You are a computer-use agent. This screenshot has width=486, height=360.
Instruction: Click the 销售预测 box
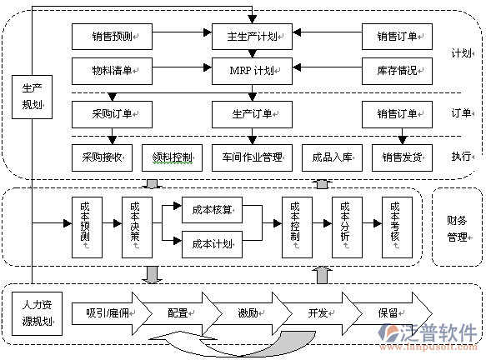(x=112, y=37)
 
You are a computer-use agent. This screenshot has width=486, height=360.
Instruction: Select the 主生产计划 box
(x=252, y=37)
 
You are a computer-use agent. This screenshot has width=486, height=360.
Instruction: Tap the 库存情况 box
(x=397, y=71)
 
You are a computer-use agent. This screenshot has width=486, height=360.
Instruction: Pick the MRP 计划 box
(x=252, y=71)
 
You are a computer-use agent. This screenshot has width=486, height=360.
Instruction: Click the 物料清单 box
(x=112, y=71)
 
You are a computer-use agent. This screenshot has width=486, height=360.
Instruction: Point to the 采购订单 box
(x=112, y=114)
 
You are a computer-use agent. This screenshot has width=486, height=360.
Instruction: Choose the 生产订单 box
(x=252, y=114)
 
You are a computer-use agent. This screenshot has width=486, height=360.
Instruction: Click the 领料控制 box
(x=172, y=157)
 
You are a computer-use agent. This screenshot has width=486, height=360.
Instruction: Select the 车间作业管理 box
(x=252, y=157)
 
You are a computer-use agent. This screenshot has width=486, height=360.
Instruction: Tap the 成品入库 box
(x=332, y=157)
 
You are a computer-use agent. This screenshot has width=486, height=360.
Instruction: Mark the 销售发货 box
(x=402, y=157)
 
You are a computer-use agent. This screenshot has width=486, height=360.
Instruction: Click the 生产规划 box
(x=32, y=97)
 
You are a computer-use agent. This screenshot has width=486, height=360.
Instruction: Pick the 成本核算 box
(x=212, y=210)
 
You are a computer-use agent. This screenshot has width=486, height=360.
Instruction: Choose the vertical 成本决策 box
(x=137, y=227)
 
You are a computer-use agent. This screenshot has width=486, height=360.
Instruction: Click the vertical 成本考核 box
(x=397, y=227)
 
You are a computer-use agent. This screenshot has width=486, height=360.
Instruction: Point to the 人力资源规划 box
(x=37, y=313)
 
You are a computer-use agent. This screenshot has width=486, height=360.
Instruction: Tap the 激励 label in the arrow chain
(x=248, y=313)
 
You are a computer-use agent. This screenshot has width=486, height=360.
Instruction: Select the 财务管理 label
(x=457, y=229)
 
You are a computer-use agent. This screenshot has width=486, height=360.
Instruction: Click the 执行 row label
(x=462, y=157)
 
